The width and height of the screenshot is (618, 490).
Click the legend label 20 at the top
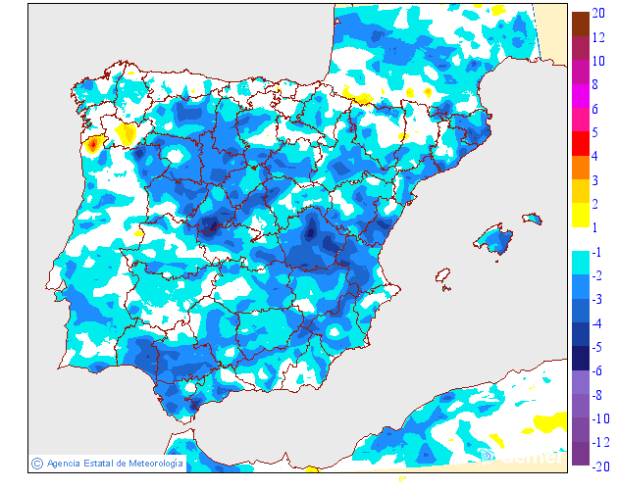click(597, 13)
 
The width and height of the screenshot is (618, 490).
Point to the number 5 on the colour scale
click(595, 132)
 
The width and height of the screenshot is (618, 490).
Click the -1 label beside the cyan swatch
click(596, 251)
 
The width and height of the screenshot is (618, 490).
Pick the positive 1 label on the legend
click(595, 227)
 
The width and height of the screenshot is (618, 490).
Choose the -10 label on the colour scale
click(599, 418)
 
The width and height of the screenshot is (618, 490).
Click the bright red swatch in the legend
click(580, 143)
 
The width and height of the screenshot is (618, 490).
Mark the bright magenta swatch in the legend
click(580, 96)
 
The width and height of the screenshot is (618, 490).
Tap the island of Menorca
click(533, 218)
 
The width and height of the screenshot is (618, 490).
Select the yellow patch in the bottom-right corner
click(547, 422)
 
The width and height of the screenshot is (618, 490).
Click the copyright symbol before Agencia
click(36, 463)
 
